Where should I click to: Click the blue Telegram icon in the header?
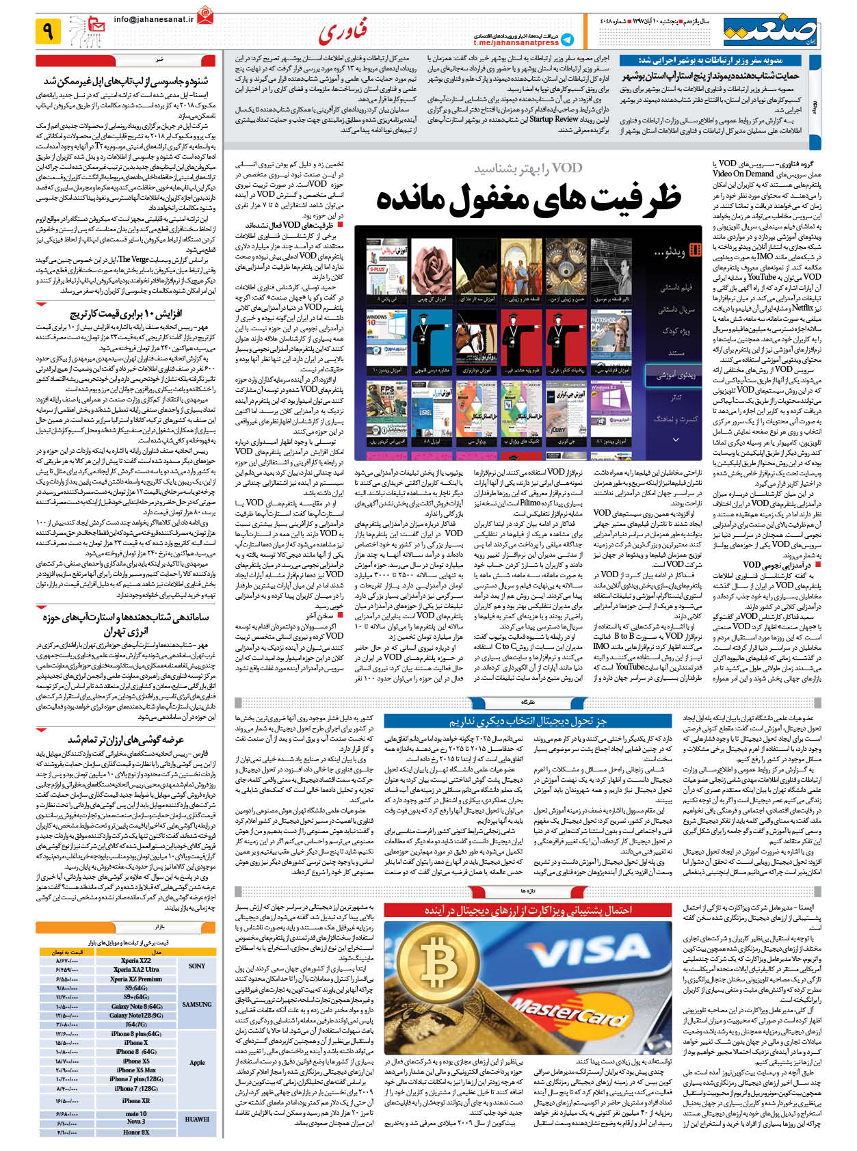(x=567, y=40)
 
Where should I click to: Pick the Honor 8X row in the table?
(x=136, y=1132)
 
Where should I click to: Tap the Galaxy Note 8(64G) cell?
(x=136, y=1006)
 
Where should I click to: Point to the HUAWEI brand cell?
(x=197, y=1120)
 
